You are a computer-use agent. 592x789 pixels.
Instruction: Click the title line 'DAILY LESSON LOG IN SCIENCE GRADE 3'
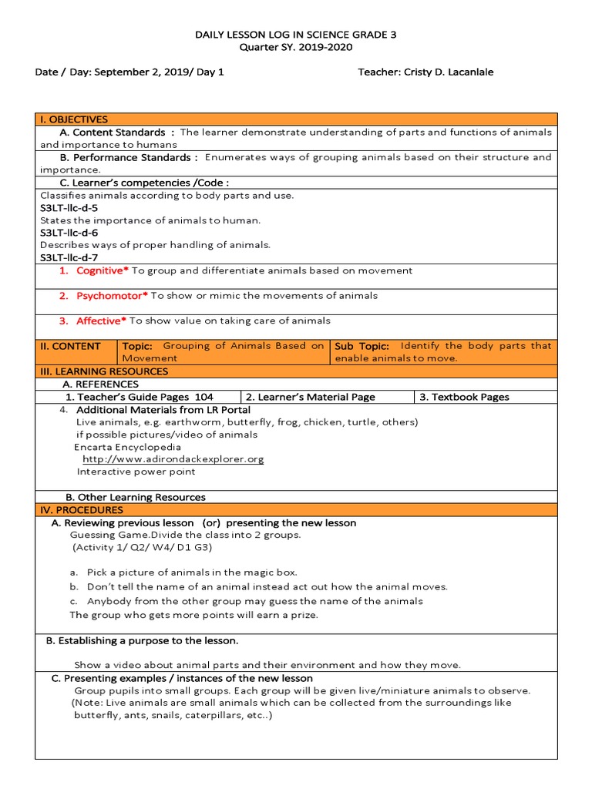click(295, 35)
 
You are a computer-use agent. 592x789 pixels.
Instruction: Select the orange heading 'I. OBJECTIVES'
click(74, 119)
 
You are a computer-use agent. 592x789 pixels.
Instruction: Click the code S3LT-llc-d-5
click(69, 208)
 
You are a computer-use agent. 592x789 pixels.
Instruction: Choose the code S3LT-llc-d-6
click(69, 233)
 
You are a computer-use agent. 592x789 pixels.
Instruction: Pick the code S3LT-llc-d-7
click(69, 257)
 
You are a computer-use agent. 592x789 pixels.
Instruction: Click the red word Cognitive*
click(103, 270)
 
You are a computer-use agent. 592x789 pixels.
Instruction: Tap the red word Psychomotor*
click(112, 296)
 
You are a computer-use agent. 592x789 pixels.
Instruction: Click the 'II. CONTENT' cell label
click(70, 346)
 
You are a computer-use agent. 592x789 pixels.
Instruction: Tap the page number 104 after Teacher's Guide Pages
click(203, 397)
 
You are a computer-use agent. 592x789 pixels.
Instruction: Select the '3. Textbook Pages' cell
click(464, 397)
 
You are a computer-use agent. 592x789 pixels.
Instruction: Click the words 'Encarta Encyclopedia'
click(128, 447)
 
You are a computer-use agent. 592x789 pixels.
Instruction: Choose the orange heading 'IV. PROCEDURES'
click(82, 510)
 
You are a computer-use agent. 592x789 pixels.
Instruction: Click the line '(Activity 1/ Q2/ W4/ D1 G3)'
click(143, 547)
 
